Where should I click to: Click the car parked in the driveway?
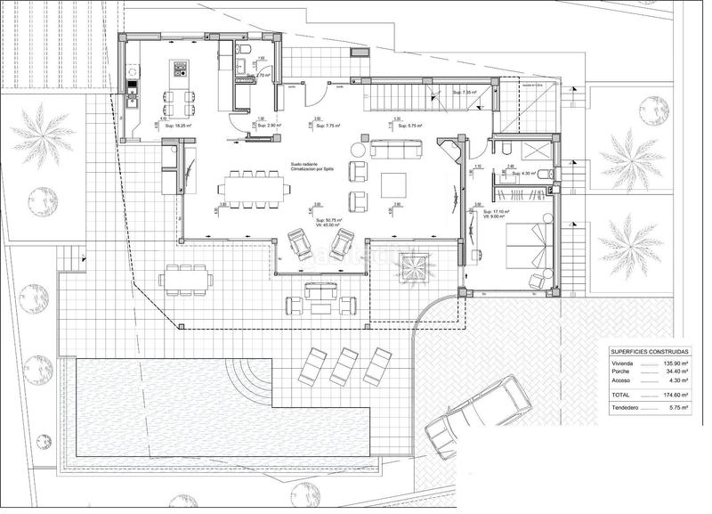click(469, 415)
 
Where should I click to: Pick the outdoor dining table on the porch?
click(187, 279)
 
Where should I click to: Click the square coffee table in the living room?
click(394, 184)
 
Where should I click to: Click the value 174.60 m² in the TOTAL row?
click(679, 394)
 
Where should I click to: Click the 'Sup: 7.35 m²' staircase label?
click(465, 93)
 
